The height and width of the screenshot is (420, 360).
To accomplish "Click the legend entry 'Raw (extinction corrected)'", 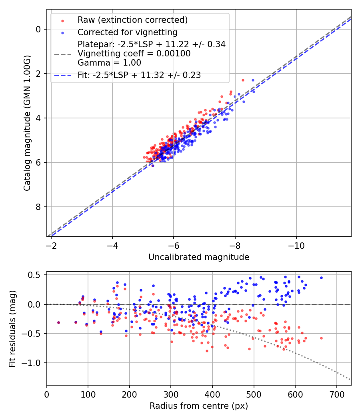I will (132, 20).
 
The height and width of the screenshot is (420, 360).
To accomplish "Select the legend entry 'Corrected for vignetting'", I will (127, 32).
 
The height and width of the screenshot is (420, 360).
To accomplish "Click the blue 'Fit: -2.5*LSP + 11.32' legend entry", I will (139, 75).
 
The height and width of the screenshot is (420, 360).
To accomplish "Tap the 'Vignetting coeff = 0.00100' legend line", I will (134, 53).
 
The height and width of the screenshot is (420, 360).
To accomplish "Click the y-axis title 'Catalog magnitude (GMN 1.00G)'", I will (27, 122).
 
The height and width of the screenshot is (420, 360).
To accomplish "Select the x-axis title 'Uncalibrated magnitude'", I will (199, 257).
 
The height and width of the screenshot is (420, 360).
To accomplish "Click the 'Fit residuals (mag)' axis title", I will (12, 328).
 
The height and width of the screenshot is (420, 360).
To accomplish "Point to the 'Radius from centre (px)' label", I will (199, 406).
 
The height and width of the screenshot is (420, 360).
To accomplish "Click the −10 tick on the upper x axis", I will (296, 244).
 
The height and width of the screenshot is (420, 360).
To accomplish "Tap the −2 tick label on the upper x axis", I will (51, 244).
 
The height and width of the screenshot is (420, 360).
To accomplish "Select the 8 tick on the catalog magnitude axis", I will (38, 207).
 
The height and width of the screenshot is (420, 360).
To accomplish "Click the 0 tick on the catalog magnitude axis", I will (38, 29).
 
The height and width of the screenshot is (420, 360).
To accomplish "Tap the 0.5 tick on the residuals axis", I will (35, 275).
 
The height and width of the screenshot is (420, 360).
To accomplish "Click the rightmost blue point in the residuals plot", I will (321, 278).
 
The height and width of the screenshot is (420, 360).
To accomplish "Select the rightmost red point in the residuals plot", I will (321, 338).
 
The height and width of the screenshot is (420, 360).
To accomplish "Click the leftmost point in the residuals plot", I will (58, 322).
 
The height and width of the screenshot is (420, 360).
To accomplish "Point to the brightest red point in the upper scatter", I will (243, 80).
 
